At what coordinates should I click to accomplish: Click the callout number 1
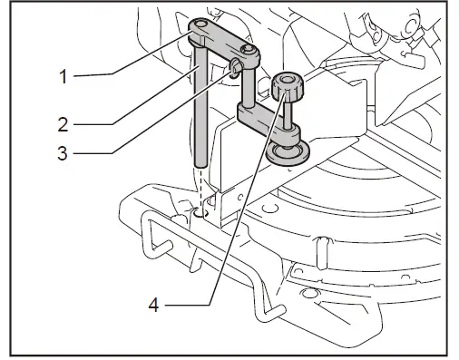tap(63, 77)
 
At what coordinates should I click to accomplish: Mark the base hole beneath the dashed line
tap(198, 214)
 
